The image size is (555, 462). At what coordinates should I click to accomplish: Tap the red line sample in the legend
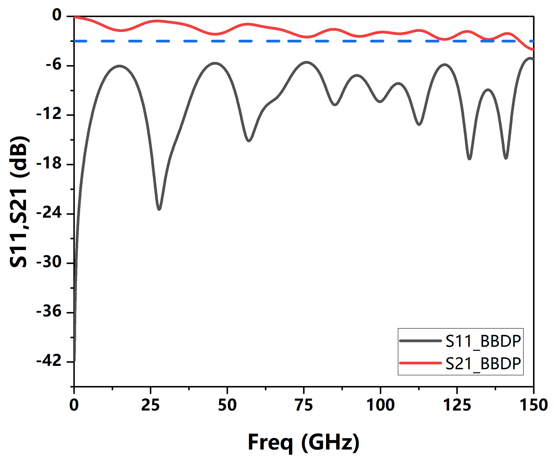pos(420,363)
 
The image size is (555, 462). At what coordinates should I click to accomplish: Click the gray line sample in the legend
pos(420,341)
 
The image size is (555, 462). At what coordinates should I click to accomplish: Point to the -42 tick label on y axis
pos(49,361)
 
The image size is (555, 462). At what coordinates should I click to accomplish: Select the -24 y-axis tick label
pos(49,213)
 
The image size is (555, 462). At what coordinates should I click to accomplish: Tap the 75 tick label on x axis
pos(304,405)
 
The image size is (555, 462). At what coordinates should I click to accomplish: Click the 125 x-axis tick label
pos(457,405)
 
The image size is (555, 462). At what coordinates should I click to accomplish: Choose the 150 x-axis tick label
pos(533,405)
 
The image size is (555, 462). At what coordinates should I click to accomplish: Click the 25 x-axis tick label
pos(150,405)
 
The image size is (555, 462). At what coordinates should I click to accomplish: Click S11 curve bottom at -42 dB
pos(75,361)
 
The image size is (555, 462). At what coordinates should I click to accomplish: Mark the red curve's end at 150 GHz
pos(533,49)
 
